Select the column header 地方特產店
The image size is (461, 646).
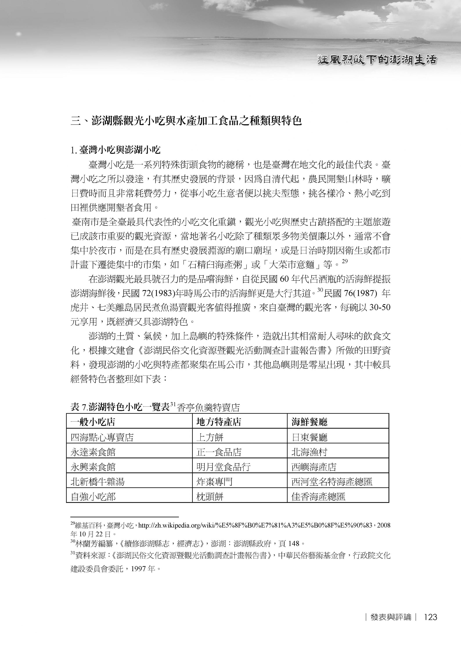tap(219, 422)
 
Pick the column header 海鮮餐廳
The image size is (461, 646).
tap(309, 422)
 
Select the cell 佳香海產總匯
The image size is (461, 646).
tap(318, 497)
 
